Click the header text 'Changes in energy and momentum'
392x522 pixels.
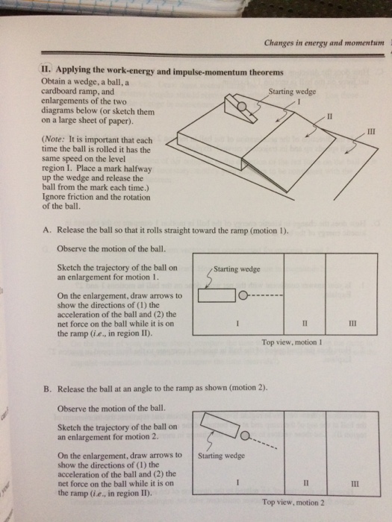coord(324,43)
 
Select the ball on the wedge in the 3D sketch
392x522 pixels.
coord(242,107)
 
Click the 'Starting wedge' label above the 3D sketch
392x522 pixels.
coord(292,91)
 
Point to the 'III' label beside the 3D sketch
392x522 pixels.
coord(370,132)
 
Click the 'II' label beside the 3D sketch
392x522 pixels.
coord(329,116)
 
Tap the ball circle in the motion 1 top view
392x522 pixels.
coord(243,295)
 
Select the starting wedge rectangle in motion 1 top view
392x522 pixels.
coord(217,295)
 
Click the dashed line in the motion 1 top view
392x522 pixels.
coord(265,295)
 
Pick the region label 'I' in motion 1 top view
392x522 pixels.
coord(237,323)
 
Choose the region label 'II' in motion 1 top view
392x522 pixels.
coord(305,323)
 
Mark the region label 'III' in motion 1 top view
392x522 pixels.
coord(352,323)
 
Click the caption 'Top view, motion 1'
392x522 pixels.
coord(292,342)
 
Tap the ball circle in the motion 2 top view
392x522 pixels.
coord(245,436)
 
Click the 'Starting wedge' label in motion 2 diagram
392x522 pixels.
coord(221,456)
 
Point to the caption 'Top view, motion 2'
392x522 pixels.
coord(293,503)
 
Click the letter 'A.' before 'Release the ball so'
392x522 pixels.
coord(47,230)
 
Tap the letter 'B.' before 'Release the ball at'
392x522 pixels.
coord(47,389)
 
